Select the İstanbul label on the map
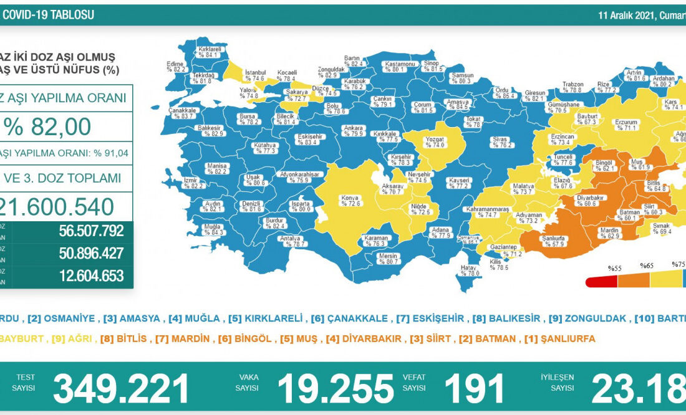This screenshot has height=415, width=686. point(256,75)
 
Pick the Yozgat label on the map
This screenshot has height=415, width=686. point(435,141)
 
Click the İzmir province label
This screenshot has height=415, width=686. point(191,183)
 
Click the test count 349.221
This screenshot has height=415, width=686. point(121,389)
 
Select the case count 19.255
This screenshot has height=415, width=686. point(335,389)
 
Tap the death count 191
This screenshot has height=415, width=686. point(474,389)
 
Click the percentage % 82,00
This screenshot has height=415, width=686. point(48,126)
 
